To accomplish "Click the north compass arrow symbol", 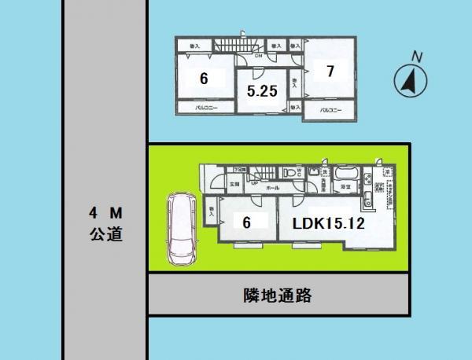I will click(409, 79).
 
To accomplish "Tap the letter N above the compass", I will click(418, 56).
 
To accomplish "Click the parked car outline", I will click(180, 230).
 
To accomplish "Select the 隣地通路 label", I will click(278, 296).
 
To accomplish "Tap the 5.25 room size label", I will click(261, 91).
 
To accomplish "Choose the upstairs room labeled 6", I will click(204, 79).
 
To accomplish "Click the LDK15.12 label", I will click(327, 222).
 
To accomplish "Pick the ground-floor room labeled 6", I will click(246, 222).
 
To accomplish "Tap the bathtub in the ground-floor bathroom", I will click(345, 174).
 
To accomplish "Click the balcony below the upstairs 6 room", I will click(206, 108).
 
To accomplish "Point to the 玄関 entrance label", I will click(234, 183).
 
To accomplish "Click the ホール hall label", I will click(271, 189).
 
